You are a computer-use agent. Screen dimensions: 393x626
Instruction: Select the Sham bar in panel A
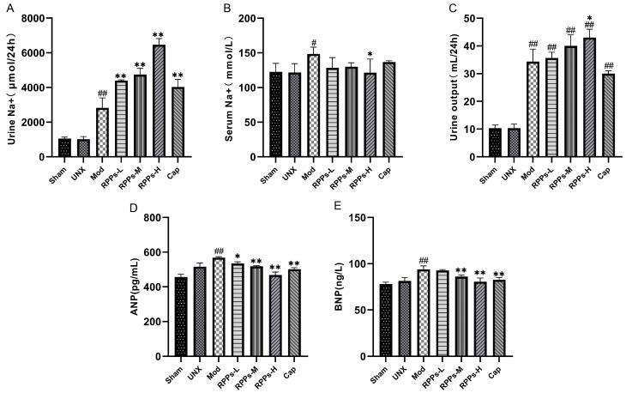point(64,148)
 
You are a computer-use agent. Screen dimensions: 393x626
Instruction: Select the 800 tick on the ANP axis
point(154,218)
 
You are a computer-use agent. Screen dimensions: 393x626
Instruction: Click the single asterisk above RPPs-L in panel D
point(237,256)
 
